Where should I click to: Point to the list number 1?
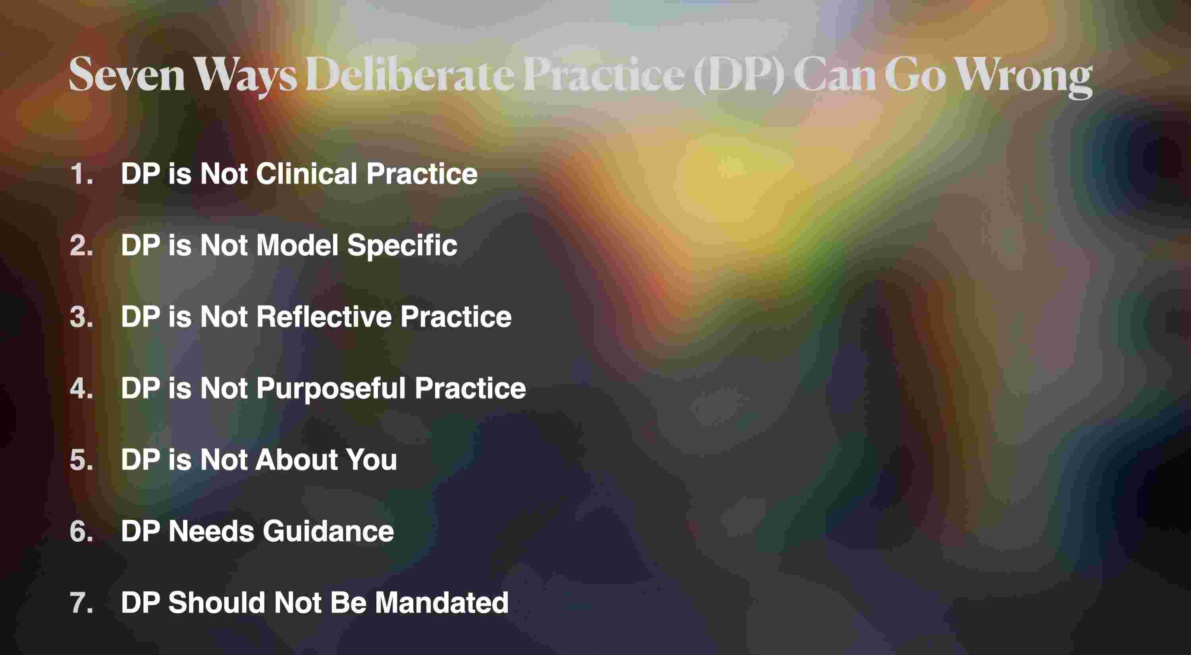(x=81, y=174)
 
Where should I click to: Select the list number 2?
(x=81, y=245)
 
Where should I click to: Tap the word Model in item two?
(x=297, y=245)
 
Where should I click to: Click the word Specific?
(x=402, y=246)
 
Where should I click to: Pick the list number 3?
(x=81, y=317)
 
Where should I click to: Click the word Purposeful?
(x=331, y=389)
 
